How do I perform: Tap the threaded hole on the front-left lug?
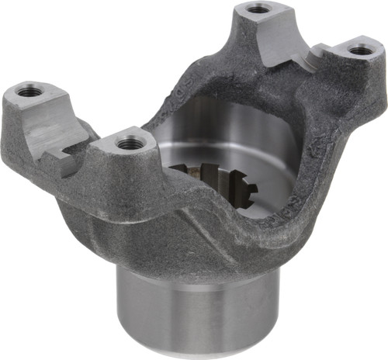(129, 142)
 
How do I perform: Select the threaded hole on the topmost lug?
(258, 10)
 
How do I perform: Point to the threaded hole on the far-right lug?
(359, 50)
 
